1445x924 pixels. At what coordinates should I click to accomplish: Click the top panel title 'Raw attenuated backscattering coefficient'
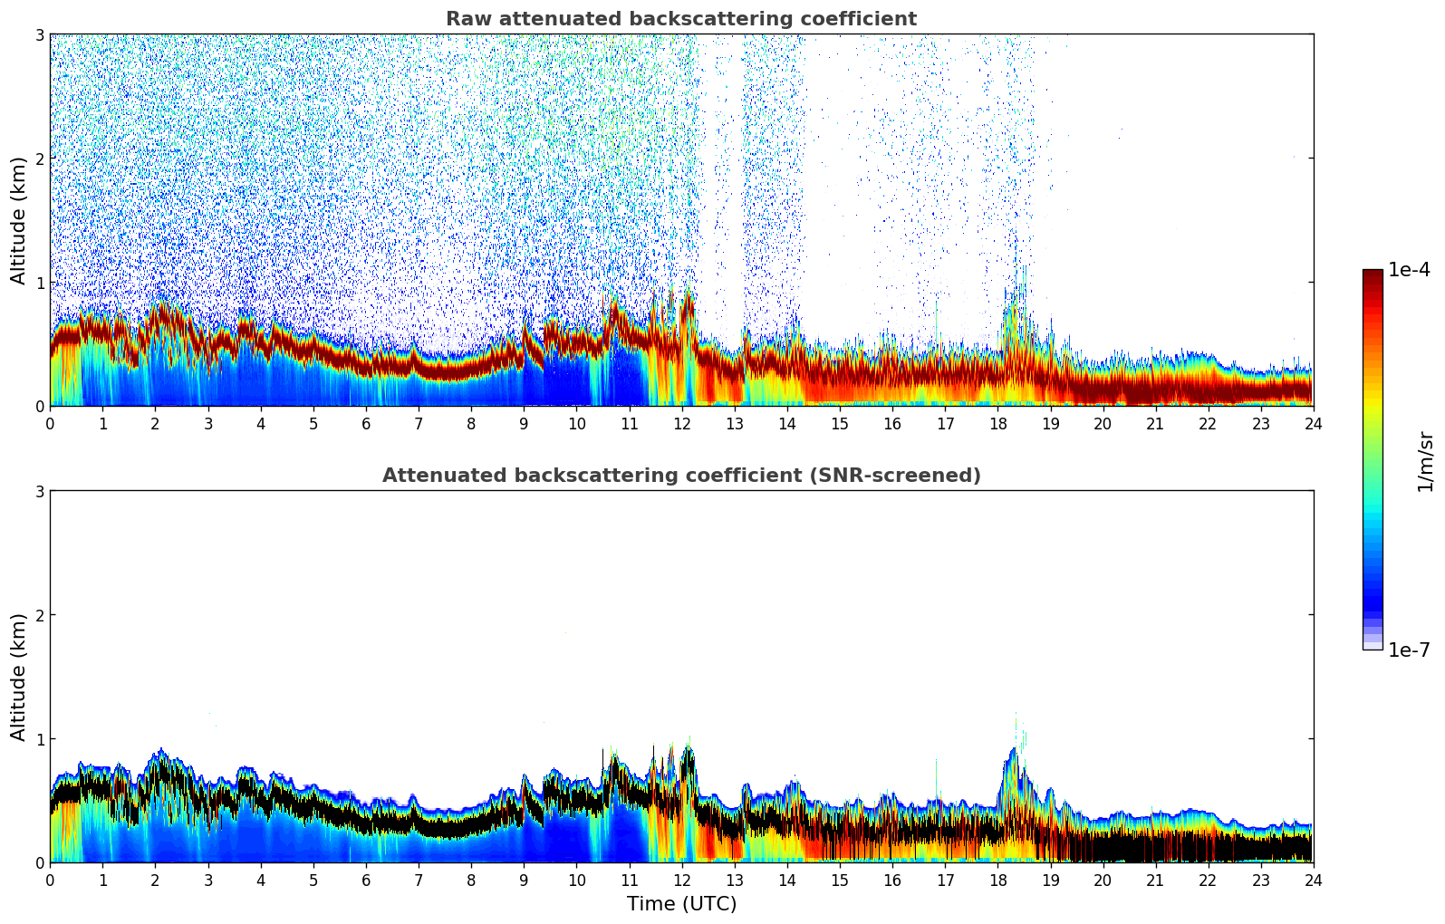click(680, 19)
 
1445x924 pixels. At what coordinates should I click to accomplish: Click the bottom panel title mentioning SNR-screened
click(680, 476)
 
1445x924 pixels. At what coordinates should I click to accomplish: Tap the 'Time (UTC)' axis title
click(681, 903)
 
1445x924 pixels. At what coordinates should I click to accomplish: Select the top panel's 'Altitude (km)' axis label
click(19, 220)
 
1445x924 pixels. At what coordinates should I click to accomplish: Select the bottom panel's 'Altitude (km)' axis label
click(19, 677)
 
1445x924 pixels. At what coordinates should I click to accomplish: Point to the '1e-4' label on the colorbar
click(1409, 270)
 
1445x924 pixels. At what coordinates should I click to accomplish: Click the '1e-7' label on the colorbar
click(1409, 650)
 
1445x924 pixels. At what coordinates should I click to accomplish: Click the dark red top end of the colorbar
click(1372, 274)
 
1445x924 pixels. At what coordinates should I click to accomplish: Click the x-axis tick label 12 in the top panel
click(681, 423)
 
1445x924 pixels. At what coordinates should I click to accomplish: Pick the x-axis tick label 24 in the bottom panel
click(1313, 880)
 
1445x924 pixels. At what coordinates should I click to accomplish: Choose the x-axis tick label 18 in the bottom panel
click(997, 880)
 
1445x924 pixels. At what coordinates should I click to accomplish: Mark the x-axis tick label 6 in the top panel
click(366, 423)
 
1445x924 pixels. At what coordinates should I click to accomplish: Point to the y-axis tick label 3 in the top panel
click(39, 34)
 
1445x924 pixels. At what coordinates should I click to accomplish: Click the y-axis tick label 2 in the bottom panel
click(39, 615)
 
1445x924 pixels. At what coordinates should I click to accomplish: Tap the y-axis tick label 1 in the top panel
click(39, 283)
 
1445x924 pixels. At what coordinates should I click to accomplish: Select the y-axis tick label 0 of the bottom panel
click(39, 862)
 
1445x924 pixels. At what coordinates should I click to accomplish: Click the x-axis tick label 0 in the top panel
click(50, 423)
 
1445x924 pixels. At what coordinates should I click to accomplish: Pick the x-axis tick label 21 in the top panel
click(1155, 423)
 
